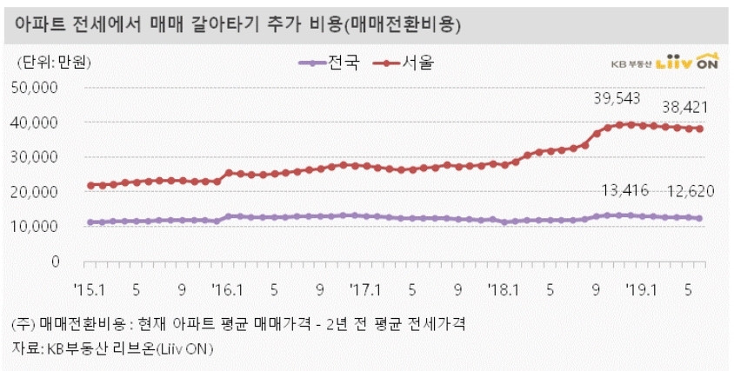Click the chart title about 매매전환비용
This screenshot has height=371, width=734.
tap(237, 26)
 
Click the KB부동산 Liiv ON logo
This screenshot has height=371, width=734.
tap(665, 63)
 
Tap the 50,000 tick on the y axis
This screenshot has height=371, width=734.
tap(36, 88)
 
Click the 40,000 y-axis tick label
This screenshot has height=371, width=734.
tap(36, 123)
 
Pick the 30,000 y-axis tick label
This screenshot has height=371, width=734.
tap(36, 157)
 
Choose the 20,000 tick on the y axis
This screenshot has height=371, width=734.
tap(36, 192)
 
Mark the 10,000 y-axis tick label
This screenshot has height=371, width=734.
tap(36, 227)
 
